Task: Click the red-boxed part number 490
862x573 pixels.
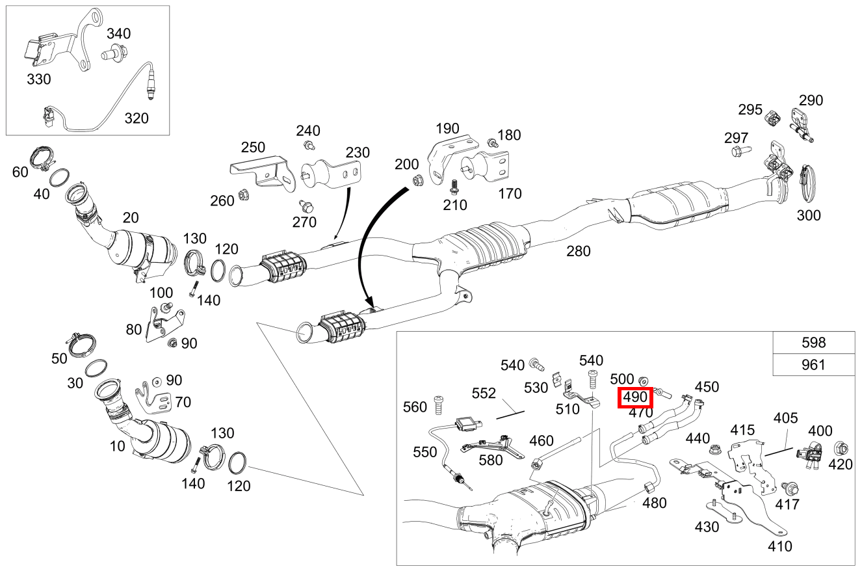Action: click(x=634, y=397)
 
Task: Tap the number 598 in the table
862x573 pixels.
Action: click(x=813, y=343)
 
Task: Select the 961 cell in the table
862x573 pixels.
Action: click(x=813, y=365)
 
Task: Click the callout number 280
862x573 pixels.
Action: click(x=578, y=250)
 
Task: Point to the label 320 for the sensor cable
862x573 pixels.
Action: click(x=137, y=118)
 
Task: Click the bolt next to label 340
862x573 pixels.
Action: click(x=114, y=51)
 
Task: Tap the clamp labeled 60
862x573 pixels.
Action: click(x=44, y=158)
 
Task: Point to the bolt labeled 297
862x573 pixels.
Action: click(x=740, y=152)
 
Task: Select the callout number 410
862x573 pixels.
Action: click(x=779, y=546)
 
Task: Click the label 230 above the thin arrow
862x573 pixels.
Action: click(x=357, y=153)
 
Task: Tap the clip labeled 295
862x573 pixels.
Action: click(x=773, y=117)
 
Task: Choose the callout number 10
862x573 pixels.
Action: click(x=117, y=446)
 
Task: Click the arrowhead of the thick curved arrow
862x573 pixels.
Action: click(x=371, y=303)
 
